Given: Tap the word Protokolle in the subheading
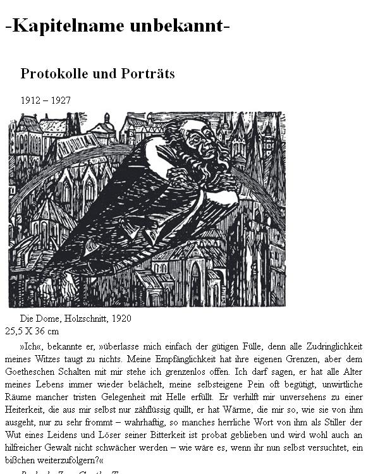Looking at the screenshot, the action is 54,74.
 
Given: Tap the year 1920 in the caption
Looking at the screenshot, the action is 120,319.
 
